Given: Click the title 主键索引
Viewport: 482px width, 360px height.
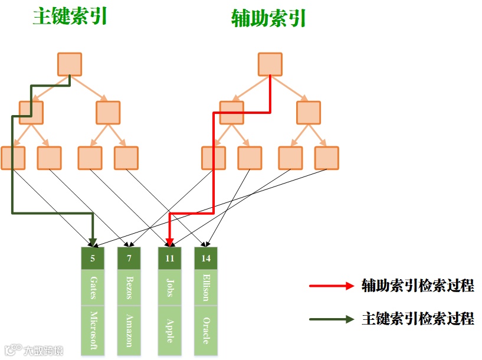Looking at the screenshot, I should point(70,17).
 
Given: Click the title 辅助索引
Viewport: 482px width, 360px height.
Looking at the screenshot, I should point(269,18).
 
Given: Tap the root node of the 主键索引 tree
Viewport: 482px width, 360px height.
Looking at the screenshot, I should point(70,64).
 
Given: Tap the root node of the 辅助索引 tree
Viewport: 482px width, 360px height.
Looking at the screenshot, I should point(270,64).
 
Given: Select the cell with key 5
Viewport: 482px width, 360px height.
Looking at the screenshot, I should point(93,258).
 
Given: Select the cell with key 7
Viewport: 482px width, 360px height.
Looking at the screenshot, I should point(129,258).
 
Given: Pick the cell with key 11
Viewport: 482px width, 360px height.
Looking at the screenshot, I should point(170,258).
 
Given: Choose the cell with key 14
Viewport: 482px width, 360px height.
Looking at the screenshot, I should point(206,258).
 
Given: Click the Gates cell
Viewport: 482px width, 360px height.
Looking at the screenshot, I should point(93,287).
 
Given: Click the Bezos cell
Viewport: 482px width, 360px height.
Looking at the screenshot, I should point(129,287).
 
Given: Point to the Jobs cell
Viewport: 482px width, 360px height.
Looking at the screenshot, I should point(170,287).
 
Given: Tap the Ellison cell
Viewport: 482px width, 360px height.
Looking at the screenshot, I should point(206,287).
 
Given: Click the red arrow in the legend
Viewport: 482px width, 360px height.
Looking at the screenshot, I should point(331,286).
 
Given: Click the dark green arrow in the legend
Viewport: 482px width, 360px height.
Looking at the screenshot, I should point(331,319).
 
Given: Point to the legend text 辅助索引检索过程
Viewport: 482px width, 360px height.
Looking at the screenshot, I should point(418,286).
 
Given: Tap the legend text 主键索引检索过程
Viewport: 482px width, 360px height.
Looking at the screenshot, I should point(418,319).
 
